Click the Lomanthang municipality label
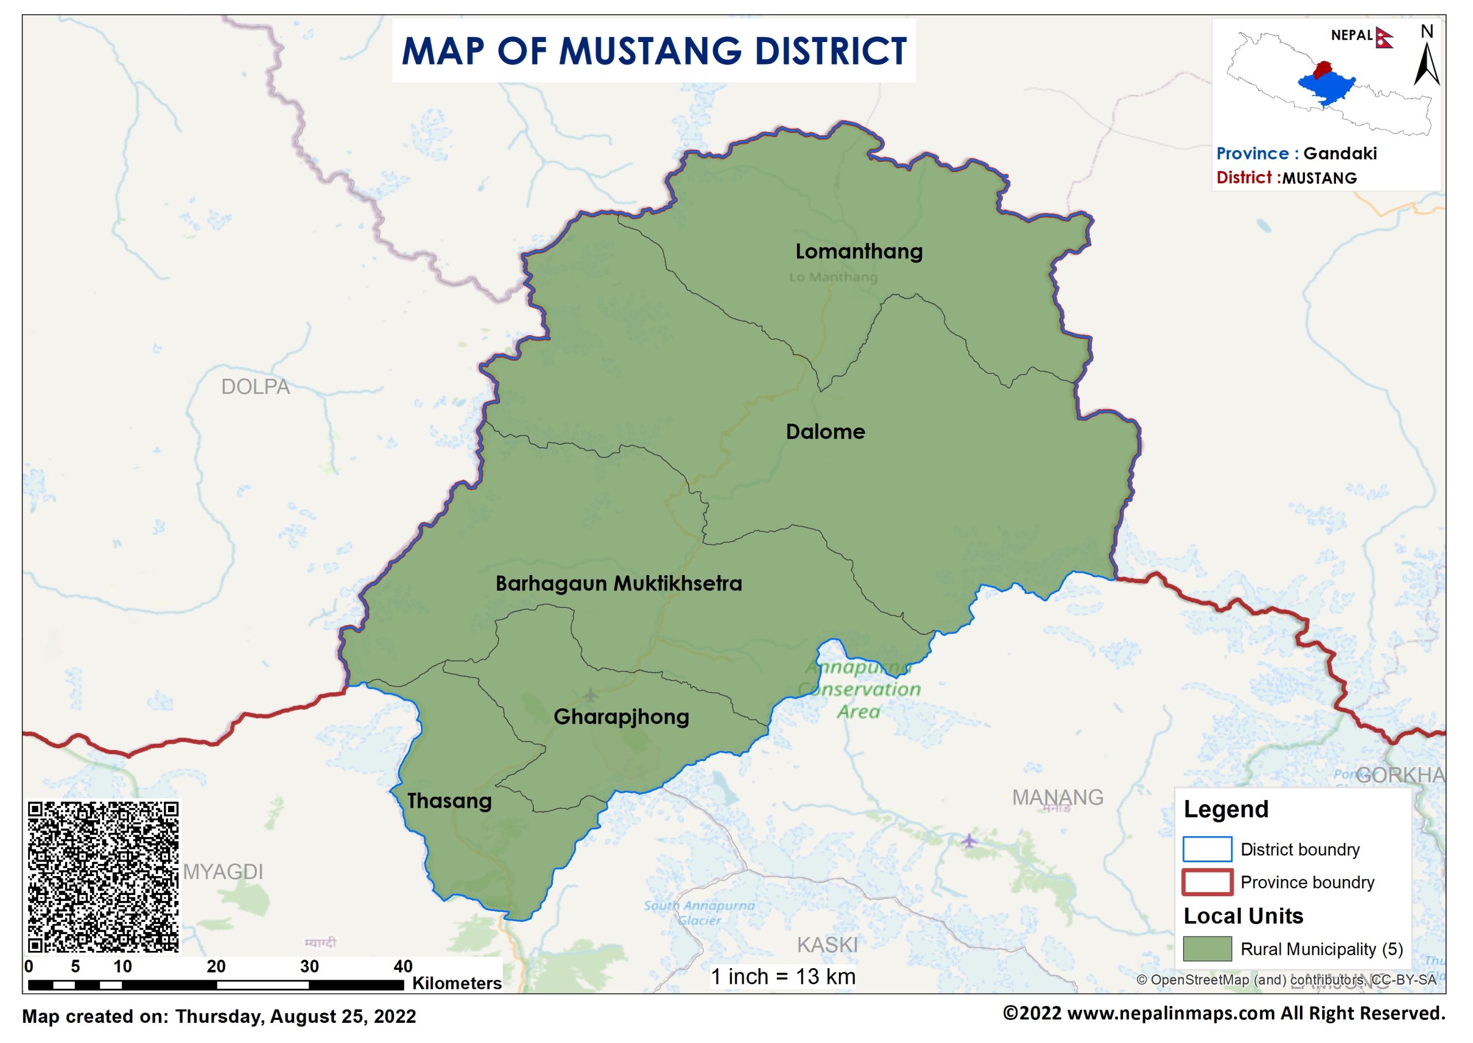click(x=858, y=251)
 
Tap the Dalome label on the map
click(x=825, y=432)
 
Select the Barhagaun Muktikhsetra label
click(x=618, y=583)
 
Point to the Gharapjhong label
click(x=621, y=717)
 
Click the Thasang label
click(x=449, y=801)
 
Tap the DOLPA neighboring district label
click(x=255, y=387)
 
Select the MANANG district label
click(x=1057, y=797)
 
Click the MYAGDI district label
click(x=223, y=871)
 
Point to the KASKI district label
click(x=827, y=945)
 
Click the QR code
click(x=102, y=877)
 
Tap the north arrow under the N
click(x=1426, y=64)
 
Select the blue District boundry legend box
click(x=1207, y=849)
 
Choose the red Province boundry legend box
click(x=1207, y=882)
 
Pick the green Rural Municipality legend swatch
click(x=1207, y=949)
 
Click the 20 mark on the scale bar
click(x=216, y=966)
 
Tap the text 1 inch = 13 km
click(x=783, y=977)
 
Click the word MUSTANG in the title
click(x=650, y=51)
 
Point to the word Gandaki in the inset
click(x=1340, y=154)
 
